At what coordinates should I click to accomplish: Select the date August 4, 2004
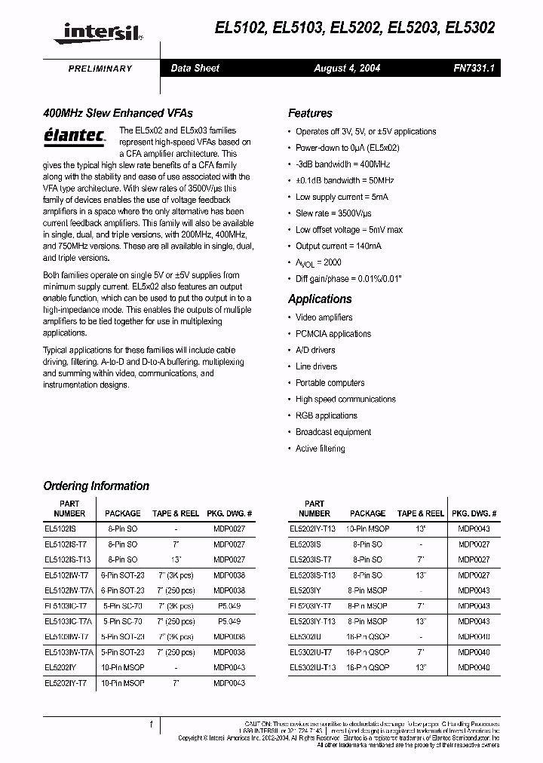pyautogui.click(x=347, y=69)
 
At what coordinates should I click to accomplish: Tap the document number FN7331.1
pyautogui.click(x=474, y=69)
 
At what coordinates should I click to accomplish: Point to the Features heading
pyautogui.click(x=310, y=114)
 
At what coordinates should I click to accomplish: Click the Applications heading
pyautogui.click(x=320, y=299)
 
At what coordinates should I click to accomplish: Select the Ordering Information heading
pyautogui.click(x=96, y=486)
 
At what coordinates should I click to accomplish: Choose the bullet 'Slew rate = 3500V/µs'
pyautogui.click(x=333, y=213)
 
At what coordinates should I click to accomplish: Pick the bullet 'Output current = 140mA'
pyautogui.click(x=338, y=246)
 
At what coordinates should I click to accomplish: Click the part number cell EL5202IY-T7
pyautogui.click(x=66, y=682)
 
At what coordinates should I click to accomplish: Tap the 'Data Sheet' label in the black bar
pyautogui.click(x=195, y=69)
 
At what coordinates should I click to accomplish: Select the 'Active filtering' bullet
pyautogui.click(x=320, y=449)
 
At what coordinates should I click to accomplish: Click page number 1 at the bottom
pyautogui.click(x=152, y=725)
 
